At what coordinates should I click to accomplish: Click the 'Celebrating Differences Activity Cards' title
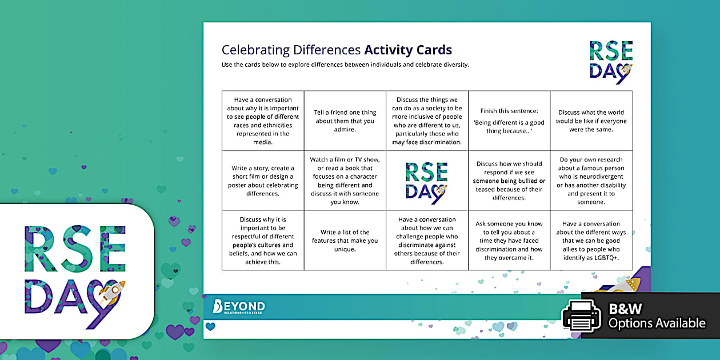coord(337,50)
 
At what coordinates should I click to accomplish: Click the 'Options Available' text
coord(657,323)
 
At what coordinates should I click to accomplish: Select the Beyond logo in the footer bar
coord(238,307)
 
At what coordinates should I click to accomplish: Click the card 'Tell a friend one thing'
coord(345,121)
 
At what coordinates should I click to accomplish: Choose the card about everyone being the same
coord(591,121)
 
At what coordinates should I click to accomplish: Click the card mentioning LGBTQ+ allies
coord(591,241)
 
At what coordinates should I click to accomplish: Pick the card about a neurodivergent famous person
coord(591,181)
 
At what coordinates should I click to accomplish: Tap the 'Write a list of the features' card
coord(345,241)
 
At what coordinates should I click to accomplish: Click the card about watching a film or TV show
coord(345,181)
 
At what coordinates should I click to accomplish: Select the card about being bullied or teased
coord(509,181)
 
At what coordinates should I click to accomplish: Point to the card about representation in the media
coord(263,121)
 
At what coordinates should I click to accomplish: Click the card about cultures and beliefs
coord(263,241)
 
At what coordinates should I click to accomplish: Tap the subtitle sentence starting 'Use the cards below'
coord(345,65)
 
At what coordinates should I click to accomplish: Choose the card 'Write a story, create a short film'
coord(263,181)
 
